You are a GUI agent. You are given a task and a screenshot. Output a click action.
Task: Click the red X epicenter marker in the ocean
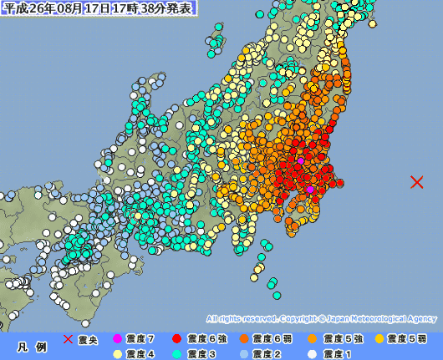(x=416, y=182)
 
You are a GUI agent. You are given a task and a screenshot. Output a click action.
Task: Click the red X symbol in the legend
(x=69, y=339)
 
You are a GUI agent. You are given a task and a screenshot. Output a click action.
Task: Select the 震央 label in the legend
(x=88, y=339)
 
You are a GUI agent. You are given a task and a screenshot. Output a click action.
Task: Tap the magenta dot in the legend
(x=117, y=339)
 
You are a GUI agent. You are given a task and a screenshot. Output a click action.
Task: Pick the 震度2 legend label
(x=267, y=353)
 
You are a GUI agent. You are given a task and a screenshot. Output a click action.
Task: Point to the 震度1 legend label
(x=336, y=353)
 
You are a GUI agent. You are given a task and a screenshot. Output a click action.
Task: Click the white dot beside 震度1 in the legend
(x=312, y=353)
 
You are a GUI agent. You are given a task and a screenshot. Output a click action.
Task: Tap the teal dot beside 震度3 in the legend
(x=176, y=353)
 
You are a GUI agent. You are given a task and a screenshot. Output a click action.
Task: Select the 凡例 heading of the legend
(x=27, y=346)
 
